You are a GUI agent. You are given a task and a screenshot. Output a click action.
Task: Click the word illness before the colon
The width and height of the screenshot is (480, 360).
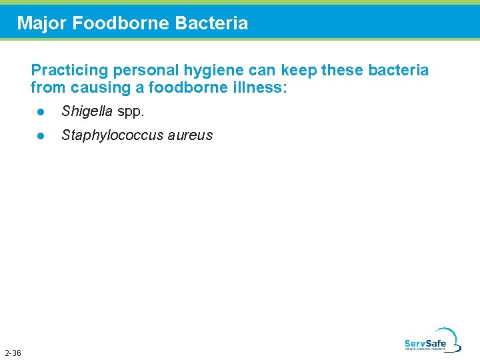click(x=262, y=87)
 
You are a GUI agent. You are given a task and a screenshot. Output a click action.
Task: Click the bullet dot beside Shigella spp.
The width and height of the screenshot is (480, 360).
click(x=40, y=111)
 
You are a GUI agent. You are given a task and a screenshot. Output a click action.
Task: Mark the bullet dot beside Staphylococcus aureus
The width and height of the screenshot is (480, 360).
click(x=40, y=135)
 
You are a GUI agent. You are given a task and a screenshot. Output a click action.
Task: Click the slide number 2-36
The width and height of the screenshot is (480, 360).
click(x=13, y=353)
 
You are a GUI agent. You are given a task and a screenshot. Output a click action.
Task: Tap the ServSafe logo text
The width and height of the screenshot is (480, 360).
click(x=425, y=344)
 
